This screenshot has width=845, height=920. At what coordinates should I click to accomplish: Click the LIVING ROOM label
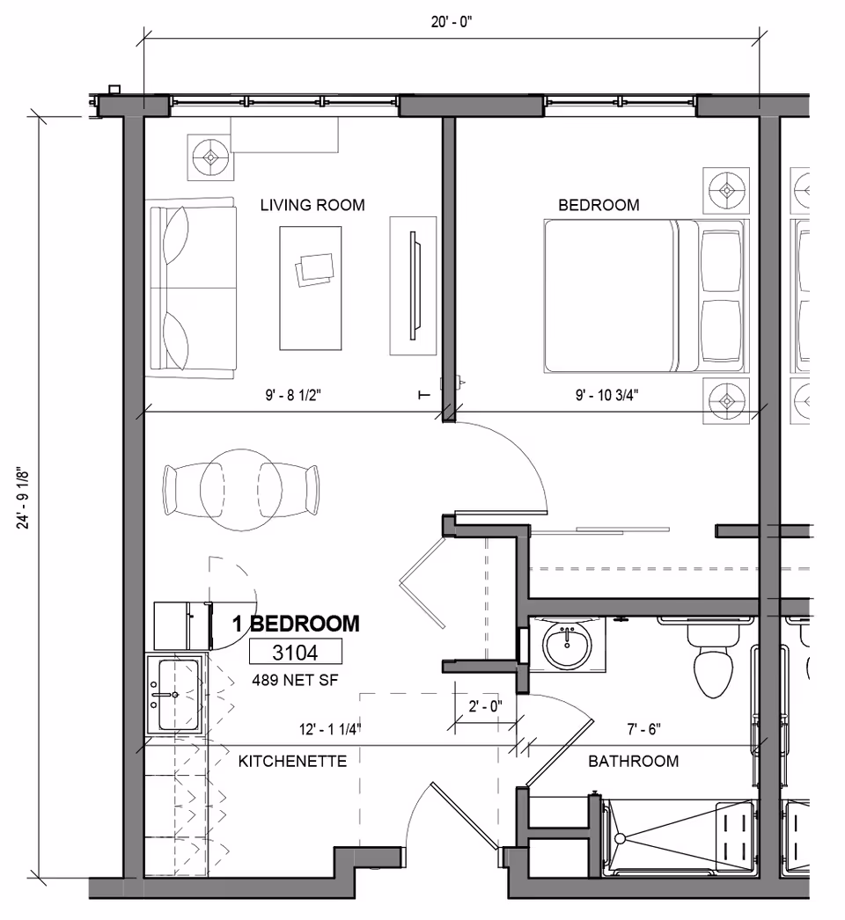312,205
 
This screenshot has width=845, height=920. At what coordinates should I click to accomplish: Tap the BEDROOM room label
599,205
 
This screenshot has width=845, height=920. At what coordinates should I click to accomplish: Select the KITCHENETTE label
292,761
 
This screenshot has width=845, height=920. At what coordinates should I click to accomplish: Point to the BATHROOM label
633,761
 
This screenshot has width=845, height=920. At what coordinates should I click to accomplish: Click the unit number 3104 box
295,652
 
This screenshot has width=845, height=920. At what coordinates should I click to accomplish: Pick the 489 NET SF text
295,679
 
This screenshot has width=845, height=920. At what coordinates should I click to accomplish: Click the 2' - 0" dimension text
484,705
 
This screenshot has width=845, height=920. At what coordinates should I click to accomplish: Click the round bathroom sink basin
568,646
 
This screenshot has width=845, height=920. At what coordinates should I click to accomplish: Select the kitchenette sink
177,693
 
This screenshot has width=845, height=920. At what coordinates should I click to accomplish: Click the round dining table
238,490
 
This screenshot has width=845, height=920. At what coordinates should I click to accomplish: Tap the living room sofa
191,287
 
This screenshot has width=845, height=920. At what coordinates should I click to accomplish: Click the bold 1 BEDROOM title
295,624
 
